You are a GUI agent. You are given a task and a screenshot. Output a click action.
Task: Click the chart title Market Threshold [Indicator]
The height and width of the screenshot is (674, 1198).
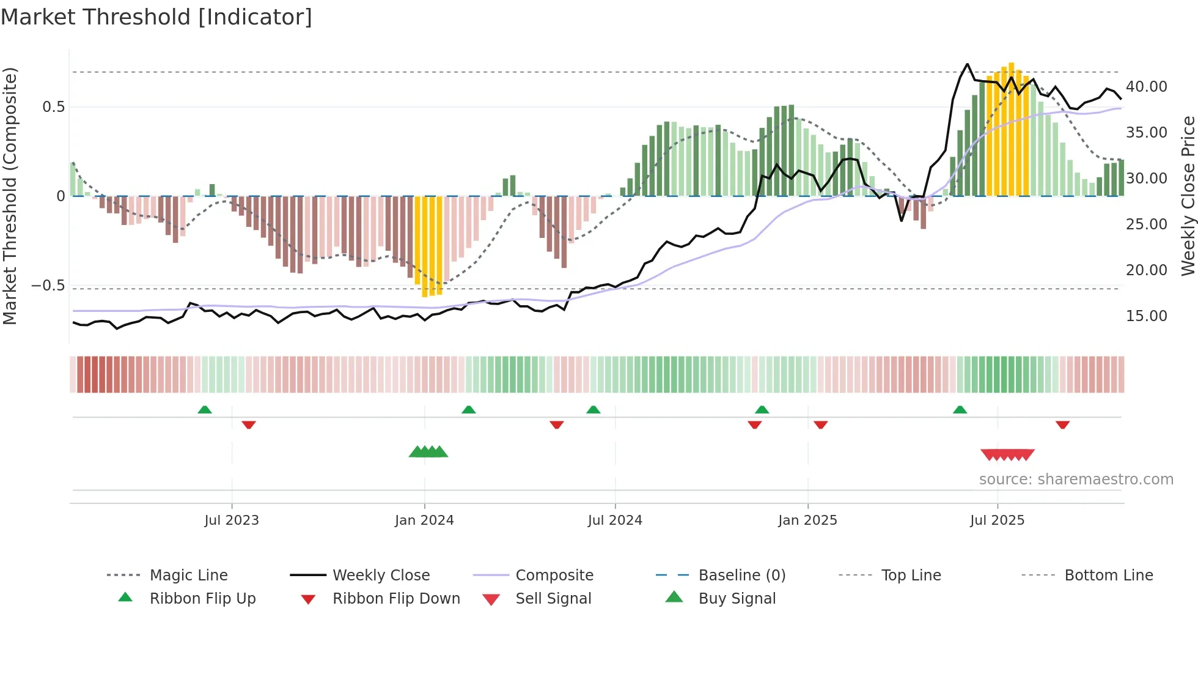[156, 17]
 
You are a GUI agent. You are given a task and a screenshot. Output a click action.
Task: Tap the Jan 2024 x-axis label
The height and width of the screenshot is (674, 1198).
[424, 520]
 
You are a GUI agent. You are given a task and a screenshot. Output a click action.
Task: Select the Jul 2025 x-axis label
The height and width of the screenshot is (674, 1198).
[997, 520]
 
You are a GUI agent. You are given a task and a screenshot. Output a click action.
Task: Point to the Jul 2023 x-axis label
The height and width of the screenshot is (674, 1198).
[232, 520]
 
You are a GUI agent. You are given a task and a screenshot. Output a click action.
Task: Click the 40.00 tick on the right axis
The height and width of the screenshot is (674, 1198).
[1146, 87]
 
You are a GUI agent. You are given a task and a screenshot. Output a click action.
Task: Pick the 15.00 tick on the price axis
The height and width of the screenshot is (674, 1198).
[1146, 316]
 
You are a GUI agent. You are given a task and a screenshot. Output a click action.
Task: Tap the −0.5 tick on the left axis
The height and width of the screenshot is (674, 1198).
[48, 286]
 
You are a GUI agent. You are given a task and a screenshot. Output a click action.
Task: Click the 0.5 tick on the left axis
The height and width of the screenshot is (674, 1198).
[53, 107]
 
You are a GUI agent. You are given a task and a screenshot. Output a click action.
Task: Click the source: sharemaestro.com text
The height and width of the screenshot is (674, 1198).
[1076, 480]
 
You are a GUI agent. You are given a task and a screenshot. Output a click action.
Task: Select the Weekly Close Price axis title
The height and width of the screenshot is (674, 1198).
[1188, 196]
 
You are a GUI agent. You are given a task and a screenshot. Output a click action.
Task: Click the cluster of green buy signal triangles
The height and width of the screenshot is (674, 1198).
[428, 452]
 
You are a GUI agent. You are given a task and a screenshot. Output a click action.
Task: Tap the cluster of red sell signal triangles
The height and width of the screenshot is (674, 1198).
[1007, 454]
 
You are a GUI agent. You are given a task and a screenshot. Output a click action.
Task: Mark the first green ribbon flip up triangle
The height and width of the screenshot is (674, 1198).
[205, 410]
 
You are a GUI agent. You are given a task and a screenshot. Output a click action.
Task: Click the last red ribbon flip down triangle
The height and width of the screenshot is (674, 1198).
[1062, 424]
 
